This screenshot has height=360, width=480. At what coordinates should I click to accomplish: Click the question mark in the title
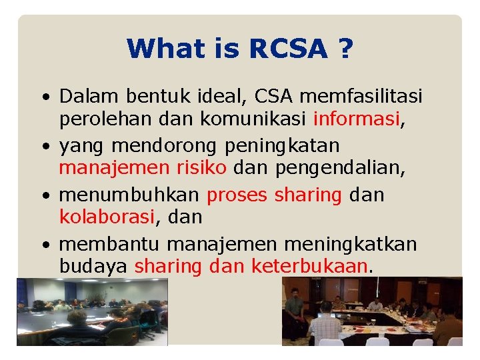click(x=345, y=48)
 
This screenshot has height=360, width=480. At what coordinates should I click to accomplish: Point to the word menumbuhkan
click(x=130, y=195)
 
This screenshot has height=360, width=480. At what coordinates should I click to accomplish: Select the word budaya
click(x=93, y=267)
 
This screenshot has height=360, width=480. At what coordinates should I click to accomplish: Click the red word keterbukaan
click(x=309, y=267)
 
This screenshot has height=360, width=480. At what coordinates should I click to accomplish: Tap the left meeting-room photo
click(x=92, y=312)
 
